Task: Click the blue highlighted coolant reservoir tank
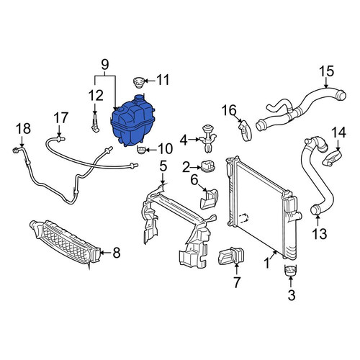point(132,122)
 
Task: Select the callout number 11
point(163,80)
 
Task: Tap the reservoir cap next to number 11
point(138,82)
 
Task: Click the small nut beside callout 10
point(140,150)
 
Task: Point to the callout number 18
point(23,128)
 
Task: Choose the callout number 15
point(327,71)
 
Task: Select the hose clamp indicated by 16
point(245,130)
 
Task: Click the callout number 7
point(236,282)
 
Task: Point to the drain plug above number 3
point(290,270)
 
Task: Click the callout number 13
point(320,234)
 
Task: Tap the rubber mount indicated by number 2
point(207,166)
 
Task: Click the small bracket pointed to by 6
point(210,199)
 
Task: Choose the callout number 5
point(163,166)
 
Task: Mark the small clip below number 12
point(95,123)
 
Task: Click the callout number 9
point(105,65)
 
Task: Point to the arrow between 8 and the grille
point(105,252)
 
